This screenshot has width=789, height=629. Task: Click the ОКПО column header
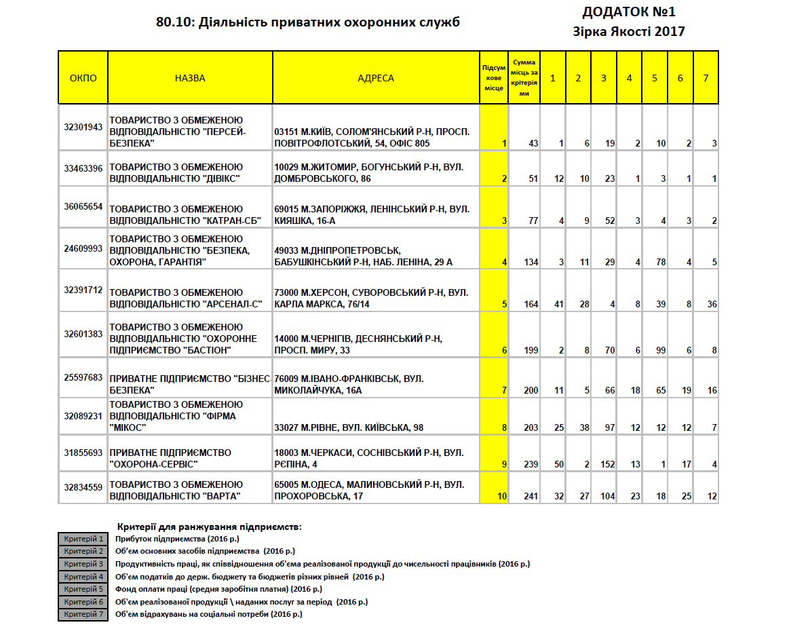[x=83, y=78]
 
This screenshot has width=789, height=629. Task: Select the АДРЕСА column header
[x=375, y=78]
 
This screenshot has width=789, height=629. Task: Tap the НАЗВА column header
[x=190, y=78]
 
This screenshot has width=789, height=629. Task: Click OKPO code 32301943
[x=83, y=127]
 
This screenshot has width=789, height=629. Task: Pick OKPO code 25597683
[x=83, y=377]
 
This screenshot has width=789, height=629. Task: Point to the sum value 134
[x=531, y=262]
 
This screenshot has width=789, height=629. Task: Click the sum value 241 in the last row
[x=531, y=497]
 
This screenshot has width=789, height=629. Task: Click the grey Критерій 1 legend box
[x=83, y=539]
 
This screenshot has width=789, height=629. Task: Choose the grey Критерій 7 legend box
[x=83, y=615]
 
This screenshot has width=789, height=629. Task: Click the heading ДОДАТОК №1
[x=629, y=12]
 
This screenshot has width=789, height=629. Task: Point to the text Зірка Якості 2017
[x=629, y=31]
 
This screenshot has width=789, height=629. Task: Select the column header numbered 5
[x=655, y=78]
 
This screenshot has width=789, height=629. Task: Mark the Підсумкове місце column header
[x=493, y=78]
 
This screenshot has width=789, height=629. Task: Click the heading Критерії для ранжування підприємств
[x=209, y=527]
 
